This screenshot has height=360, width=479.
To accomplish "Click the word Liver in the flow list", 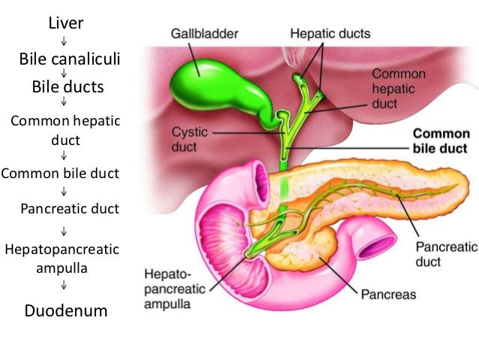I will coord(65,23).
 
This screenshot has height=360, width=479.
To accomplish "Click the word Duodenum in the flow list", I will coord(66,310).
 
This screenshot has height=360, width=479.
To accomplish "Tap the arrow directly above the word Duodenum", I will coord(65,286).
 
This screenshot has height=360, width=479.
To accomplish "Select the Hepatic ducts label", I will coord(330,34).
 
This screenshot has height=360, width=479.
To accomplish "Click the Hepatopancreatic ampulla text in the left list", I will coord(63,257).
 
